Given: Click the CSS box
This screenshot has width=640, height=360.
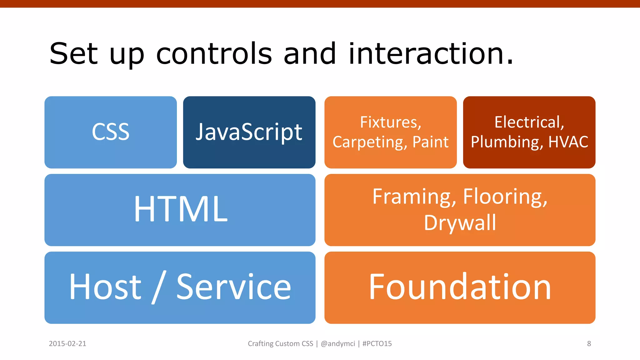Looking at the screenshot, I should coord(111,132).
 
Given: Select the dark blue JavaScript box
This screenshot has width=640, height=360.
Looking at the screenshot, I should coord(249,132).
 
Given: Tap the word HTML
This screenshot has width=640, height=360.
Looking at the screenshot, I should coord(181,209).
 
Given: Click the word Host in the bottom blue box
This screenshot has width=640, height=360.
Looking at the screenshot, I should coord(105,287).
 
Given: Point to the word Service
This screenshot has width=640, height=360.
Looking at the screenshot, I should coord(234,287).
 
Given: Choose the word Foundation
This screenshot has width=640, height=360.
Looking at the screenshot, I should coord(460,287).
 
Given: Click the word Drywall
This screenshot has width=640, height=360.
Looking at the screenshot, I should coord(460,223).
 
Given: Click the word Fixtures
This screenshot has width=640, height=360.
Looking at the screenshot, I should coord(391,122).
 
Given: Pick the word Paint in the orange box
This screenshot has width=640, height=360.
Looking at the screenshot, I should coord(430,142).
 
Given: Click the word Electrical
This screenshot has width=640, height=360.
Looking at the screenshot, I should coord(529,122).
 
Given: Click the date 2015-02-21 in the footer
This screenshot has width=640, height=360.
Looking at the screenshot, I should coord(67,344).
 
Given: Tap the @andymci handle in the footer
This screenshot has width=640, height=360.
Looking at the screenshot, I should coord(338,344).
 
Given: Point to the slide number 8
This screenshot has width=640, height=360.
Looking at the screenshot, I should coord(589,344).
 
